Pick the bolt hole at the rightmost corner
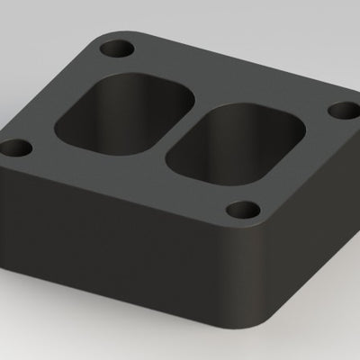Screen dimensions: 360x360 click(341, 110)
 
